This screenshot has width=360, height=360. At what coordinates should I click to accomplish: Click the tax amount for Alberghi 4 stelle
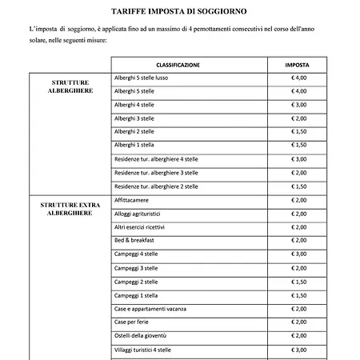pyautogui.click(x=299, y=105)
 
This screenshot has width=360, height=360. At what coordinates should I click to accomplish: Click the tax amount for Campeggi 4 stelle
pyautogui.click(x=299, y=254)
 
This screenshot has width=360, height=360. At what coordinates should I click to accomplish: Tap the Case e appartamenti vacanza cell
pyautogui.click(x=153, y=309)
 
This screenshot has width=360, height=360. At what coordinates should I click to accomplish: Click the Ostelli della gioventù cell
pyautogui.click(x=145, y=336)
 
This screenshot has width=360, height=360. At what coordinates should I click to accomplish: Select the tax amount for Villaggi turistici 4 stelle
pyautogui.click(x=299, y=350)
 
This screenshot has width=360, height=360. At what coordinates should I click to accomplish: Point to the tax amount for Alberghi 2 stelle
pyautogui.click(x=299, y=132)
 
